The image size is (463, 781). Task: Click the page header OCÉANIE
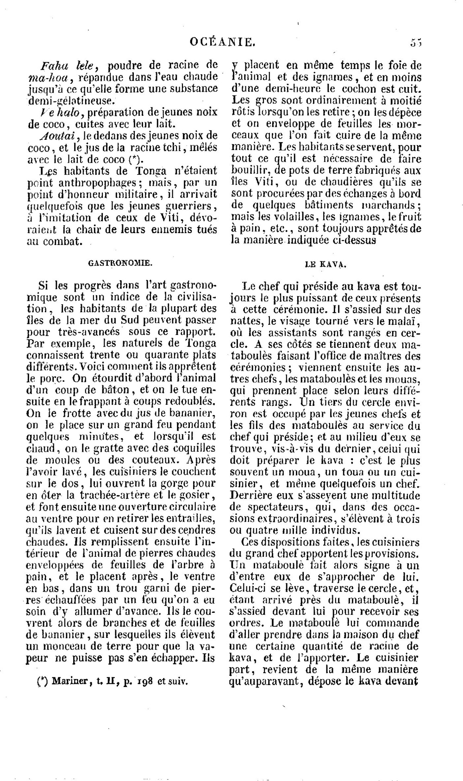pos(222,43)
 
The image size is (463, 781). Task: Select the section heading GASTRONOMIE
pos(120,263)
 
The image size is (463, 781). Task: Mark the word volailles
pos(288,217)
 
